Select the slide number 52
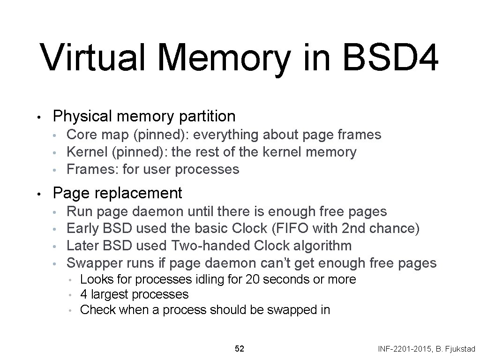pos(239,349)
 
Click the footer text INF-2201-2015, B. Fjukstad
pos(426,349)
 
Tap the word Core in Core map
pos(82,135)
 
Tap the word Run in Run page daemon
pos(80,211)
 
